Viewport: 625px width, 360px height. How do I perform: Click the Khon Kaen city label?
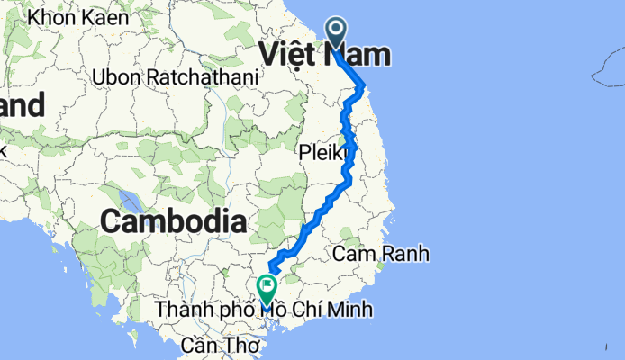pos(78,16)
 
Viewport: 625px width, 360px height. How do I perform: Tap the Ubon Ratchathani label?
pos(176,77)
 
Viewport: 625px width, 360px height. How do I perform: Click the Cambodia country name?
pos(174,220)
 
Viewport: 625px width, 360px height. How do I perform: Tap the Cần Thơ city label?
pos(220,345)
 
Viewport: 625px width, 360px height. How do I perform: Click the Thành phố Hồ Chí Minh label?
pos(263,310)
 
